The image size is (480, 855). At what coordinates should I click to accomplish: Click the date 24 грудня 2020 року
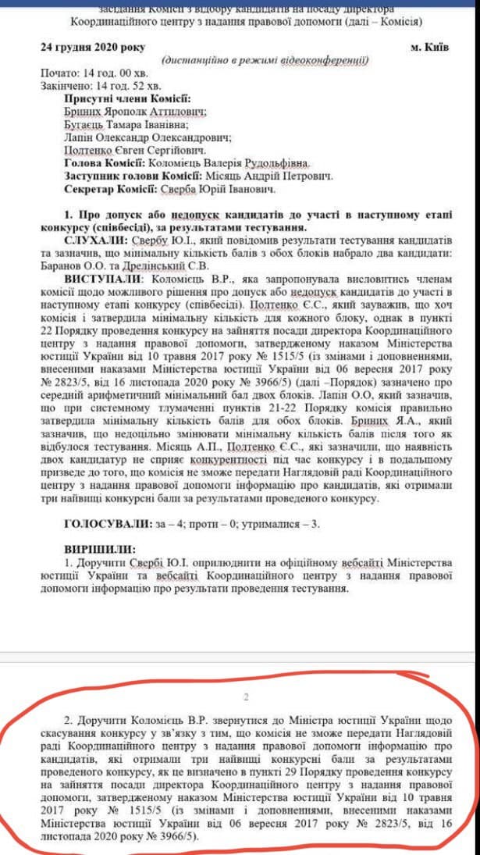pyautogui.click(x=93, y=48)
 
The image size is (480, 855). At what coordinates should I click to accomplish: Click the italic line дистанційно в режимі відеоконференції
pyautogui.click(x=265, y=61)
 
